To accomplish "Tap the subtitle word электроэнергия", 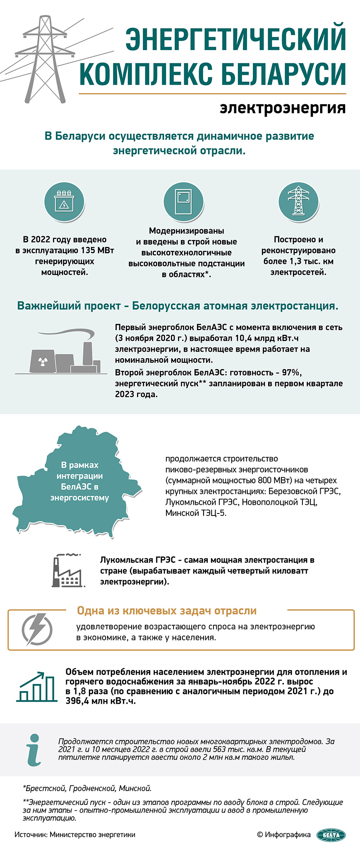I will (283, 108).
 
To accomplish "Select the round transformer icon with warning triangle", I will (64, 202).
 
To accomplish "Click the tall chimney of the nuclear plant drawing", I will (87, 353).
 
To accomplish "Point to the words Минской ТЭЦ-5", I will (196, 513).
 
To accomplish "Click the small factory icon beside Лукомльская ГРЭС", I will (67, 571).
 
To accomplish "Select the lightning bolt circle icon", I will (37, 629).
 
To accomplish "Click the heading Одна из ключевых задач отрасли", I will (167, 611).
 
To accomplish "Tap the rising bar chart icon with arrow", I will (37, 686).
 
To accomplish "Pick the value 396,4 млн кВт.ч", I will (101, 701).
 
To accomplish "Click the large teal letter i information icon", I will (35, 749).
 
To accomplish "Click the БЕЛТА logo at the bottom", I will (331, 835).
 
